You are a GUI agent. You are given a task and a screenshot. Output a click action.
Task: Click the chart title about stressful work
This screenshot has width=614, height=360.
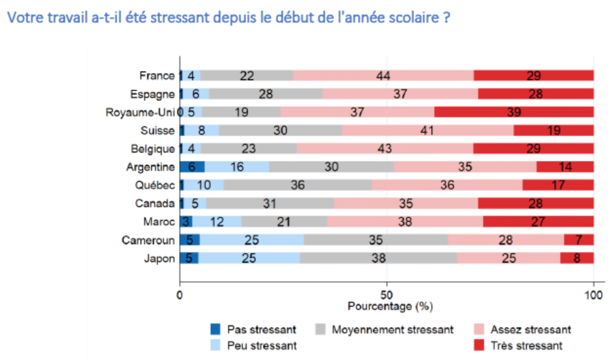pos(227,18)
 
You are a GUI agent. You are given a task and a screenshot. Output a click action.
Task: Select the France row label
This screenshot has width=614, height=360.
pos(157,76)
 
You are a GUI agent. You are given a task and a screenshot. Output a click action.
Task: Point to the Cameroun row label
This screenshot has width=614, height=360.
pos(148,240)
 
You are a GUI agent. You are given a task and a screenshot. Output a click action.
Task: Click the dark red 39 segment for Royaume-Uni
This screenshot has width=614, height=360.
pos(514,112)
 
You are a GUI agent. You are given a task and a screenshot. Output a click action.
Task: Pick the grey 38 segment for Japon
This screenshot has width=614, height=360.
pos(379,258)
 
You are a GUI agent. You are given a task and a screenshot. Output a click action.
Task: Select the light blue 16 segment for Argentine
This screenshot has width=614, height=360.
pos(236,167)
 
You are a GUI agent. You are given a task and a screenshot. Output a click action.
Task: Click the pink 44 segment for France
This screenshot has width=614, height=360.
pos(383,76)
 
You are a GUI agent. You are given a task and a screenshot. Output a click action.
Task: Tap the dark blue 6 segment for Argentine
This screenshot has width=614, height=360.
pos(192,167)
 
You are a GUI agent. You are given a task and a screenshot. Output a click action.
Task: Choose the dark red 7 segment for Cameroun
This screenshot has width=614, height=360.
pos(579,240)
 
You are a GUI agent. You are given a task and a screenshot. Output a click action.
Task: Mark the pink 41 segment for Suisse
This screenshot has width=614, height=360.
pos(427,130)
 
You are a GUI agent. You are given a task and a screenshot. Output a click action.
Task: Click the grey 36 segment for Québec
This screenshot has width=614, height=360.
pos(298,186)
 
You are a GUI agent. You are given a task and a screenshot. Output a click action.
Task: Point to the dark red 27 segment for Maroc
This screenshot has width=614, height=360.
pos(538,222)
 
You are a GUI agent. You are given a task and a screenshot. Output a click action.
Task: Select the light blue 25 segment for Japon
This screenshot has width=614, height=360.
pos(249,258)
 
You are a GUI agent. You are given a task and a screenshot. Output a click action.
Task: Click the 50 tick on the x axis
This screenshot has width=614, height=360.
pos(387,294)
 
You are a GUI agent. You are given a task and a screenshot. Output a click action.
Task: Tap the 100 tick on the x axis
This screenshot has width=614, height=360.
pos(593,294)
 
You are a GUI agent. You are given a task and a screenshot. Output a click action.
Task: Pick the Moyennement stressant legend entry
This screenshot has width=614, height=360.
pos(384,329)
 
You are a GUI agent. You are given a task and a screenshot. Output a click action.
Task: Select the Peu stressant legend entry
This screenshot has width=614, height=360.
pos(254,346)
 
